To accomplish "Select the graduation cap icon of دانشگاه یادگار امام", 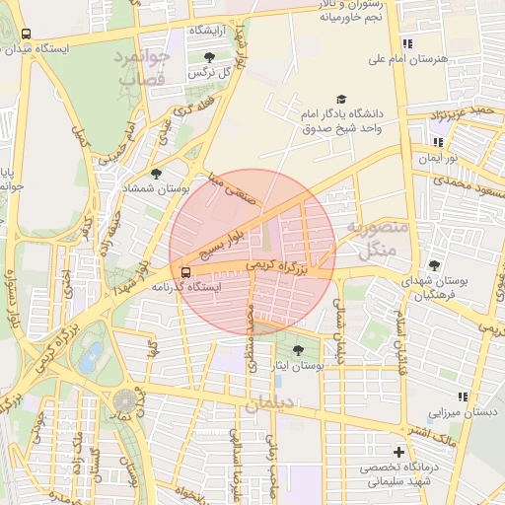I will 341,100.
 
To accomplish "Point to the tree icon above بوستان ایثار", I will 298,350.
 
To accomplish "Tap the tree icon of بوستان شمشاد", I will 156,174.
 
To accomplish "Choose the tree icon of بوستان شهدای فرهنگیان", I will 434,264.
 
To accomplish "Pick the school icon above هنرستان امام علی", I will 407,43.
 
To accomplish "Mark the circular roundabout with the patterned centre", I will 125,401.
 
